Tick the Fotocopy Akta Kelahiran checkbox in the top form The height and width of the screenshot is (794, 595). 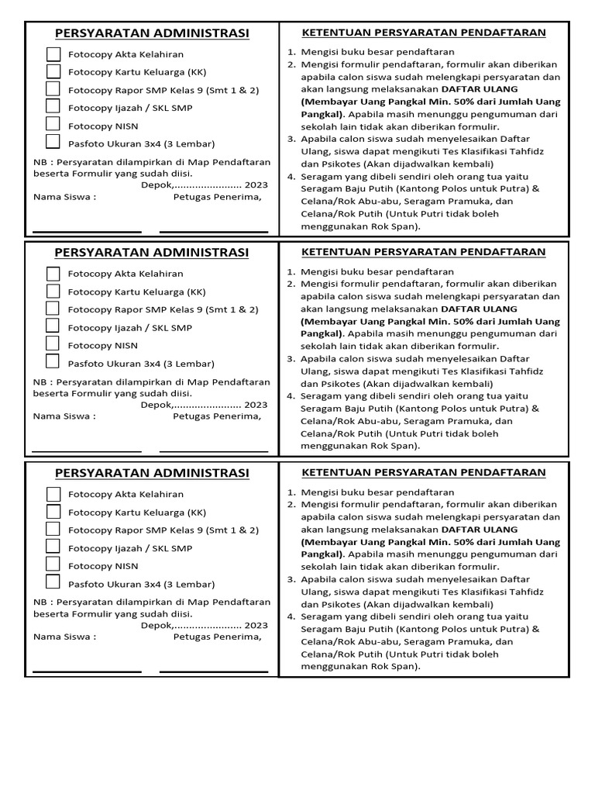(x=53, y=54)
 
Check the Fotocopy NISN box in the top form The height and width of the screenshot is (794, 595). (x=53, y=124)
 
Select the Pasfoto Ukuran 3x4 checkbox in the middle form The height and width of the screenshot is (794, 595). (x=53, y=361)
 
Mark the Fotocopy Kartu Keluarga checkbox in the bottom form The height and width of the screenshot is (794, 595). (x=53, y=512)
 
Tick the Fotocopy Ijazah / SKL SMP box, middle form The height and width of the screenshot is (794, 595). (x=53, y=326)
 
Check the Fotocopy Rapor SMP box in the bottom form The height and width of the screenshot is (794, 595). (x=53, y=530)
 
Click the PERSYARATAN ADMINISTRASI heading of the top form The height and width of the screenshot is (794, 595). (x=152, y=33)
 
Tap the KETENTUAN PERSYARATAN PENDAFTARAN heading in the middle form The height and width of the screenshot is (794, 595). (x=423, y=252)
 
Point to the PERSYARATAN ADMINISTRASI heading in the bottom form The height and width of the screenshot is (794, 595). (x=152, y=473)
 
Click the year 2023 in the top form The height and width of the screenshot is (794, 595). (x=256, y=185)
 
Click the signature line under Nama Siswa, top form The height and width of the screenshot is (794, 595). (x=87, y=231)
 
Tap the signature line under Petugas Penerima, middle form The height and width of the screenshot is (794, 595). (x=214, y=451)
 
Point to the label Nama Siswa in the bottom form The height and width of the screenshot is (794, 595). (x=64, y=637)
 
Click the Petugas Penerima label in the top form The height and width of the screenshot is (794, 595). (x=217, y=197)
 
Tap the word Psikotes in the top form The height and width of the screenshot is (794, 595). (x=319, y=164)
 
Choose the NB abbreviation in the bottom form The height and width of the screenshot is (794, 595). (x=40, y=602)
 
